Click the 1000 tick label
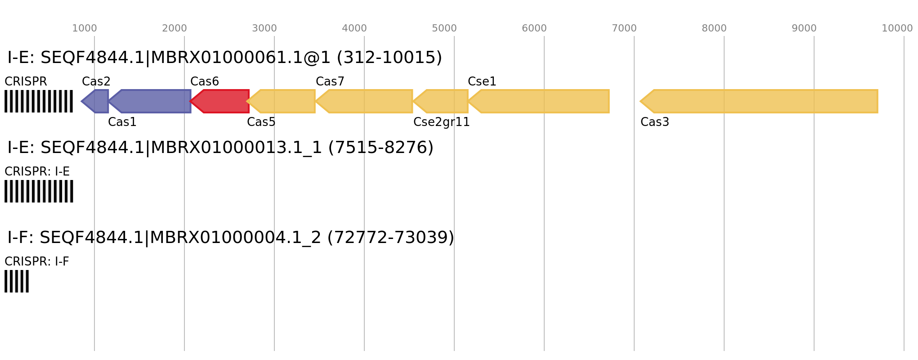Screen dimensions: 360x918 point(85,28)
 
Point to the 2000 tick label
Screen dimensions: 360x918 point(174,28)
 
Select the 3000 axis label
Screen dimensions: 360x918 point(264,28)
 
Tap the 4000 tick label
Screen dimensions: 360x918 point(354,28)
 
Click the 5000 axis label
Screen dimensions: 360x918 point(444,28)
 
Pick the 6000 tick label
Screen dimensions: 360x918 point(534,28)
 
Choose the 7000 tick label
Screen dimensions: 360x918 point(624,28)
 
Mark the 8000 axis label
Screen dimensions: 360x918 point(714,28)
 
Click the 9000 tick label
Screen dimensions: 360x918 point(804,28)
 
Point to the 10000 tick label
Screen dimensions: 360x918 point(897,28)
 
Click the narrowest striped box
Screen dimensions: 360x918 point(17,281)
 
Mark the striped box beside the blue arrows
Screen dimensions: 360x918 point(39,101)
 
